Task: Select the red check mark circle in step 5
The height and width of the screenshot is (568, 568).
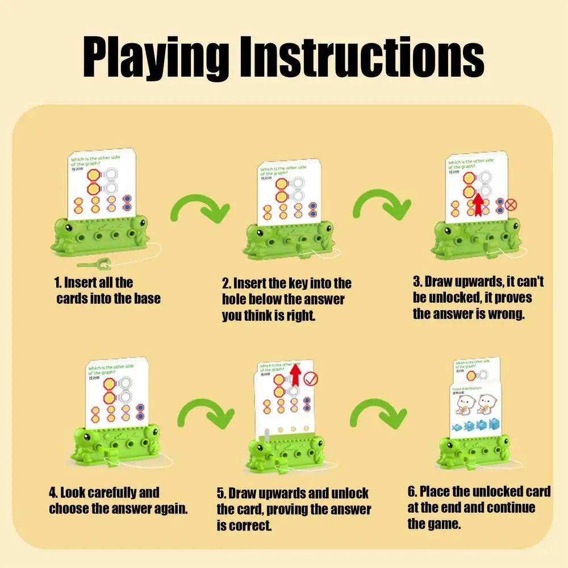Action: tap(311, 379)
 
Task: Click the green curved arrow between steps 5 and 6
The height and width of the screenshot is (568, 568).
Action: tap(380, 414)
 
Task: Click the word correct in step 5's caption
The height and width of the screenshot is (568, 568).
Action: tap(250, 525)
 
